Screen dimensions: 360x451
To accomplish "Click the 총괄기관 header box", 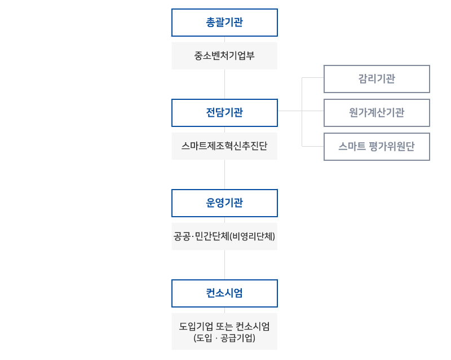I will click(x=224, y=23).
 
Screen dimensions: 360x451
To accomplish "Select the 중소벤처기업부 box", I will click(x=224, y=55).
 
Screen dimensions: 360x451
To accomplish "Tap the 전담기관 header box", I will click(x=224, y=113).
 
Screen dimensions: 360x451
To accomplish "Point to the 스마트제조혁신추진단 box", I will click(x=224, y=146).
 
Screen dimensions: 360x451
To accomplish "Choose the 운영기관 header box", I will click(x=224, y=203).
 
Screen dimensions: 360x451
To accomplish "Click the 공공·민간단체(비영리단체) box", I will click(x=224, y=236).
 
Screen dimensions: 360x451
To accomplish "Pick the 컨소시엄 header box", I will click(x=224, y=293).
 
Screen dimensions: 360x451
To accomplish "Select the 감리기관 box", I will click(x=377, y=79).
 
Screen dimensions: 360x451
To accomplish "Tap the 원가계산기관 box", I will click(x=377, y=113).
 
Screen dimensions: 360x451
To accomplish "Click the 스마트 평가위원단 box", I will click(x=377, y=147).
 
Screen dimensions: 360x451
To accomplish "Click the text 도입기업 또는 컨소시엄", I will click(x=224, y=327).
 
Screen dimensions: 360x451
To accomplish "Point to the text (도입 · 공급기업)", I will click(x=224, y=338).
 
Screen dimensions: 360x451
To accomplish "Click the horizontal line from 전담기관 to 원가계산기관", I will click(x=300, y=112).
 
